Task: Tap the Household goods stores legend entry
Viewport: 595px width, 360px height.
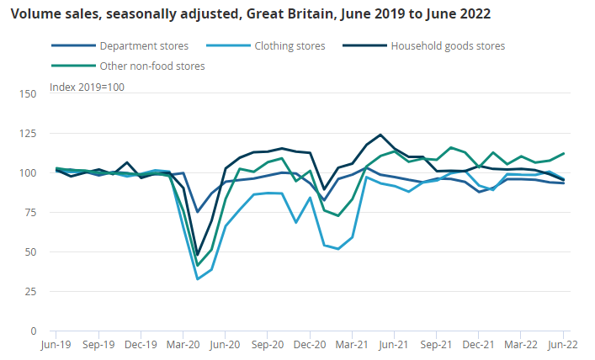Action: [448, 45]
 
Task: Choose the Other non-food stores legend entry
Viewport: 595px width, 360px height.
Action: [151, 65]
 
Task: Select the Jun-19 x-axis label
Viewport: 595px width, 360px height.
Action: [56, 345]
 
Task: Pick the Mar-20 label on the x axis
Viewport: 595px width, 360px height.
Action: [183, 345]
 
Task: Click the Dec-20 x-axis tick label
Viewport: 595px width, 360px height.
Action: [311, 345]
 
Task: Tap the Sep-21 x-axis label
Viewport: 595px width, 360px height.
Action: [437, 345]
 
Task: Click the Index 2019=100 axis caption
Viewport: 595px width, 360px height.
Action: [88, 87]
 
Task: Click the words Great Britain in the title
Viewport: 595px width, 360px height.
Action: [285, 14]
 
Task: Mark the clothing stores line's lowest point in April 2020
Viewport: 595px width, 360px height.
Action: [198, 278]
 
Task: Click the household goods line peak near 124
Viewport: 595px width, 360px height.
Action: [381, 135]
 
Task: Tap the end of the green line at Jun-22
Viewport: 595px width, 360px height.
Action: [563, 154]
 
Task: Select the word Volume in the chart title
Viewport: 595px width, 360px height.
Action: [31, 14]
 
